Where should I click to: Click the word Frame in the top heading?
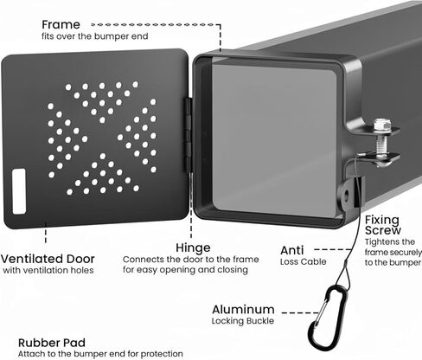(61, 25)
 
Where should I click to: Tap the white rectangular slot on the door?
(19, 191)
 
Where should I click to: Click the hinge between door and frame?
(189, 136)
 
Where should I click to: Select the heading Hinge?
(193, 247)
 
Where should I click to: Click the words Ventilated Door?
(48, 259)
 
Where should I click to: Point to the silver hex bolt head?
(382, 125)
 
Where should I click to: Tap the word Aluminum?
(243, 310)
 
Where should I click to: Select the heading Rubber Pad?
(52, 343)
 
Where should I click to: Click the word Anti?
(292, 250)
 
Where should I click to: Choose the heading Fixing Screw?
(383, 225)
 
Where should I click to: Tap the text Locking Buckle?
(243, 321)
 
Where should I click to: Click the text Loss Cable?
(304, 261)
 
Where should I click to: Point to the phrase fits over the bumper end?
(95, 36)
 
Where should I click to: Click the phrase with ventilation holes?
(48, 270)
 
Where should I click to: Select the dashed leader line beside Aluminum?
(300, 312)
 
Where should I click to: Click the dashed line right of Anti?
(333, 249)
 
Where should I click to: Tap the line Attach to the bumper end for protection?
(100, 354)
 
